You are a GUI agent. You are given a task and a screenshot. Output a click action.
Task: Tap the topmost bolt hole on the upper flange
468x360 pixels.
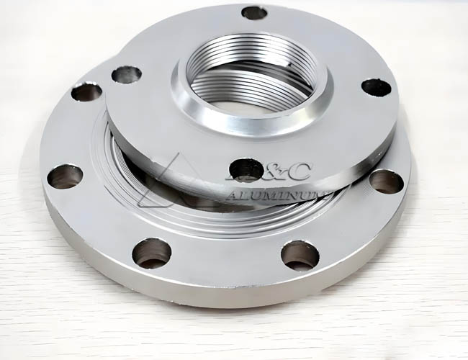point(254,12)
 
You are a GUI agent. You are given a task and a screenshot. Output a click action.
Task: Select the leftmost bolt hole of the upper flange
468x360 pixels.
point(127,73)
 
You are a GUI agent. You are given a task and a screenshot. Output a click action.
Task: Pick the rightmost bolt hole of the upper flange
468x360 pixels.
point(376,88)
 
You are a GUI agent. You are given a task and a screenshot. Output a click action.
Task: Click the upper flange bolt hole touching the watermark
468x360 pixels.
point(246,169)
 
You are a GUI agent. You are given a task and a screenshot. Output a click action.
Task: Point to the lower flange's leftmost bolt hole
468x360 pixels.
point(65,176)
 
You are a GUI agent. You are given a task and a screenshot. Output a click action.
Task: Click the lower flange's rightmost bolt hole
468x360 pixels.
point(386,181)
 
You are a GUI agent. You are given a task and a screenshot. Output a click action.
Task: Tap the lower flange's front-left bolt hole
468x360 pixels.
point(152,253)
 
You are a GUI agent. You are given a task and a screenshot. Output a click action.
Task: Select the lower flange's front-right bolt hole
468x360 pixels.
point(300,255)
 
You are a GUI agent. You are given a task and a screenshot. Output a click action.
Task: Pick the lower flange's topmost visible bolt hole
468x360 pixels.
point(86,91)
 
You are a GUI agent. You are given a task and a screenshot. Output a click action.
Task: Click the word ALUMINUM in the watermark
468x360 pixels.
point(277,194)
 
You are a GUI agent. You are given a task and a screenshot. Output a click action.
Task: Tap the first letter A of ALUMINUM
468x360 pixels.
point(232,194)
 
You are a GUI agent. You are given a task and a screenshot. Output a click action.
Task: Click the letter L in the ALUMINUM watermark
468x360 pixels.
point(246,194)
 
